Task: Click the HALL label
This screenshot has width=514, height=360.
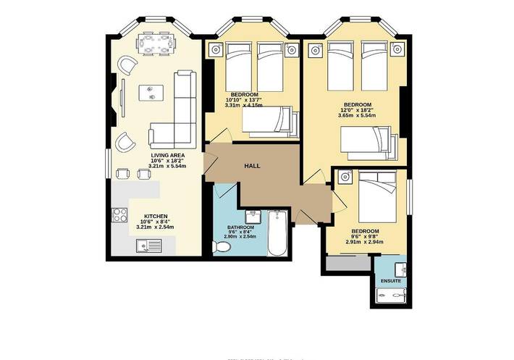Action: tap(252, 166)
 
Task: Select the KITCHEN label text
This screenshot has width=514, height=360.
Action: tap(156, 217)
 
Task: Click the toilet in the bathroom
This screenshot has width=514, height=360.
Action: tap(222, 248)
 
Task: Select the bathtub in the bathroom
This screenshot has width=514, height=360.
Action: tap(278, 234)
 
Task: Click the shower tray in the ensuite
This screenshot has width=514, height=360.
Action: tap(392, 297)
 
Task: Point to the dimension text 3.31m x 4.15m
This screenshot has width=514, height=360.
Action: tap(246, 105)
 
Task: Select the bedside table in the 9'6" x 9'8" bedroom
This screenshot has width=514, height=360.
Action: tap(345, 175)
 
